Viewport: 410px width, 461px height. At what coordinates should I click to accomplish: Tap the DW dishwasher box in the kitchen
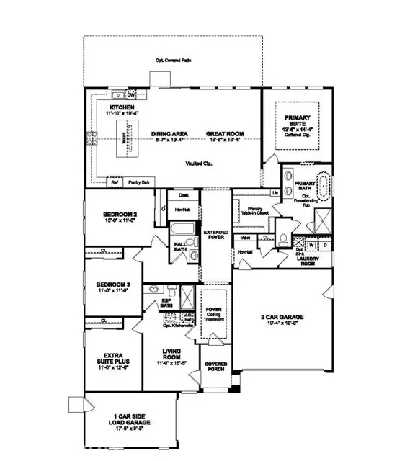coord(131,94)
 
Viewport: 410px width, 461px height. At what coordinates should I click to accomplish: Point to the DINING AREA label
coord(170,134)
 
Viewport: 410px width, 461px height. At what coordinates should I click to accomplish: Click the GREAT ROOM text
coord(224,134)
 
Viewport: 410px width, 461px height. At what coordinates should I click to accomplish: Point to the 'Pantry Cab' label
coord(138,183)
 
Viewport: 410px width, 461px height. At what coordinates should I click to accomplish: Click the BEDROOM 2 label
coord(109,215)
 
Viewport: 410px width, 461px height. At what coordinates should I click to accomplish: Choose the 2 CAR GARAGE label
coord(283,317)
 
